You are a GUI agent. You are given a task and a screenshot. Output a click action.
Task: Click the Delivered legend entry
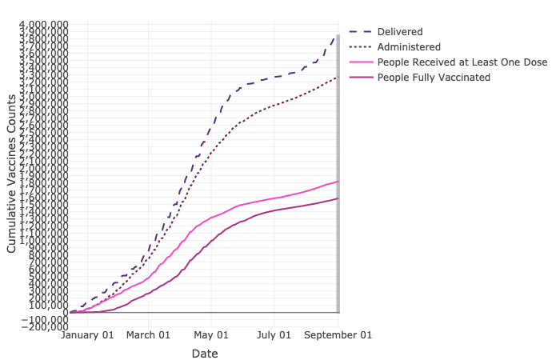[x=400, y=31]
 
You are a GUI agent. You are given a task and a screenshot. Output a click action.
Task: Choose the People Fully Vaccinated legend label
[x=434, y=77]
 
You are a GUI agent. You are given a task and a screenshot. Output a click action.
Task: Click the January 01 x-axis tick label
[x=88, y=335]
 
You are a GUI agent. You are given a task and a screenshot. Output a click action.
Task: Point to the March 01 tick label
[x=149, y=335]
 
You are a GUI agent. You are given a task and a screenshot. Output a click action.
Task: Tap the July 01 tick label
[x=275, y=335]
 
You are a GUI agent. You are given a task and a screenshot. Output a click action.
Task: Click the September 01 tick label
[x=338, y=335]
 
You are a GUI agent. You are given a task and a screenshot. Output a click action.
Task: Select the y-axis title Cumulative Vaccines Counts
[x=11, y=173]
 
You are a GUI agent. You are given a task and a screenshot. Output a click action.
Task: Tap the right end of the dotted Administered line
[x=337, y=77]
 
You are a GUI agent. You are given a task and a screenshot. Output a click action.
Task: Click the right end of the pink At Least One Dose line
[x=337, y=182]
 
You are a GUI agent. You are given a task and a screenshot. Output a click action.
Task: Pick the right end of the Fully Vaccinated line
[x=337, y=198]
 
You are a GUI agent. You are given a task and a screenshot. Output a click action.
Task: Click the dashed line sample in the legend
[x=360, y=31]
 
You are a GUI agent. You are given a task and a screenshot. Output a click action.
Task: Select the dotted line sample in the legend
[x=360, y=46]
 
